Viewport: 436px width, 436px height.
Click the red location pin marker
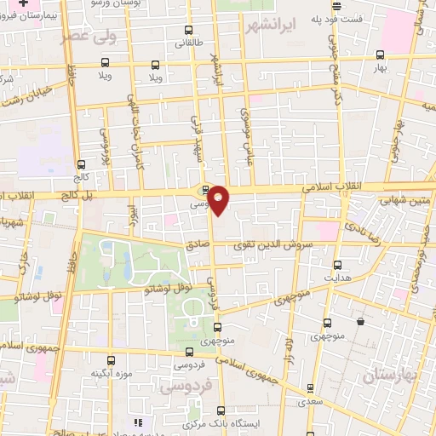click(219, 199)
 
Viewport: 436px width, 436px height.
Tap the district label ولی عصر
click(89, 37)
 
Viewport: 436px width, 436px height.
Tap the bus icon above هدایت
click(337, 264)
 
